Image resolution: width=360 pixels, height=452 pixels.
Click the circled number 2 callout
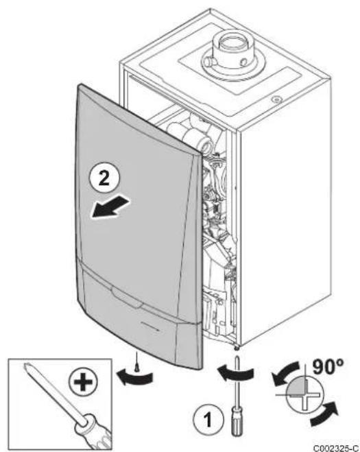(x=104, y=178)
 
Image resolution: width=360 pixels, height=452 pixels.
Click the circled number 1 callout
(x=208, y=419)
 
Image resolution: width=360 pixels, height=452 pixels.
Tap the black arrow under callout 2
(x=110, y=206)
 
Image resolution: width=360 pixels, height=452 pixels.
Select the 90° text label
(x=328, y=367)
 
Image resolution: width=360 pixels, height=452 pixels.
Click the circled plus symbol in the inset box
(x=83, y=383)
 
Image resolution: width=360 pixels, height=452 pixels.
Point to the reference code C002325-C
(x=336, y=448)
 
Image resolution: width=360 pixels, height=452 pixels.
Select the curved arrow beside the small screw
(x=134, y=377)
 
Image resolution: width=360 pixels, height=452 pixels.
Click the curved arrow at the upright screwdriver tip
(x=235, y=372)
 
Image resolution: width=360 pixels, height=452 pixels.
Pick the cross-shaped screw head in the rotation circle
(x=306, y=394)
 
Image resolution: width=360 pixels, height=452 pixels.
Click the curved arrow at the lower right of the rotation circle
(x=324, y=414)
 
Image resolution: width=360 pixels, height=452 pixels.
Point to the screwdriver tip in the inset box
(x=27, y=367)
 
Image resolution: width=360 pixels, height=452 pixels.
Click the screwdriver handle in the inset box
(x=93, y=431)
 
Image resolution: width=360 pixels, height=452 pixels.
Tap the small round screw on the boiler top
(x=277, y=99)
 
